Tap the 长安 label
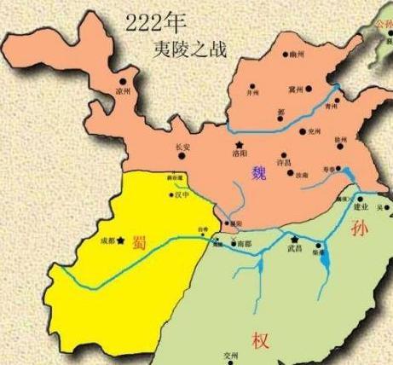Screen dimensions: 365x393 (181, 147)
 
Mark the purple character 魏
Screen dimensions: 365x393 (259, 174)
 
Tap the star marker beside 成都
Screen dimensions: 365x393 (124, 240)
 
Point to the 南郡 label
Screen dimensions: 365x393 (246, 244)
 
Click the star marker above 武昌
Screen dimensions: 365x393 (294, 238)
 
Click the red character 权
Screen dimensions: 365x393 (259, 339)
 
